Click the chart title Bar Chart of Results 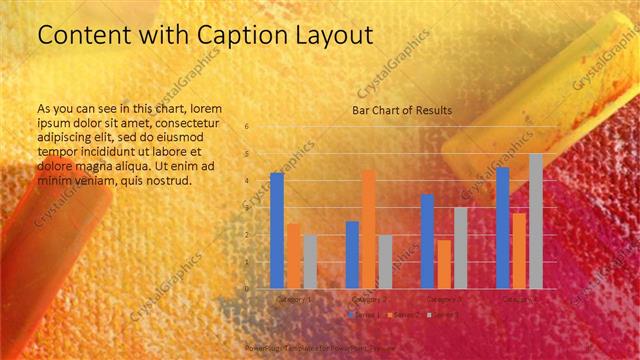point(402,110)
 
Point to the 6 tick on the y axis point(246,127)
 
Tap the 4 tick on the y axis point(246,181)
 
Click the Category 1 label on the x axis point(293,298)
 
